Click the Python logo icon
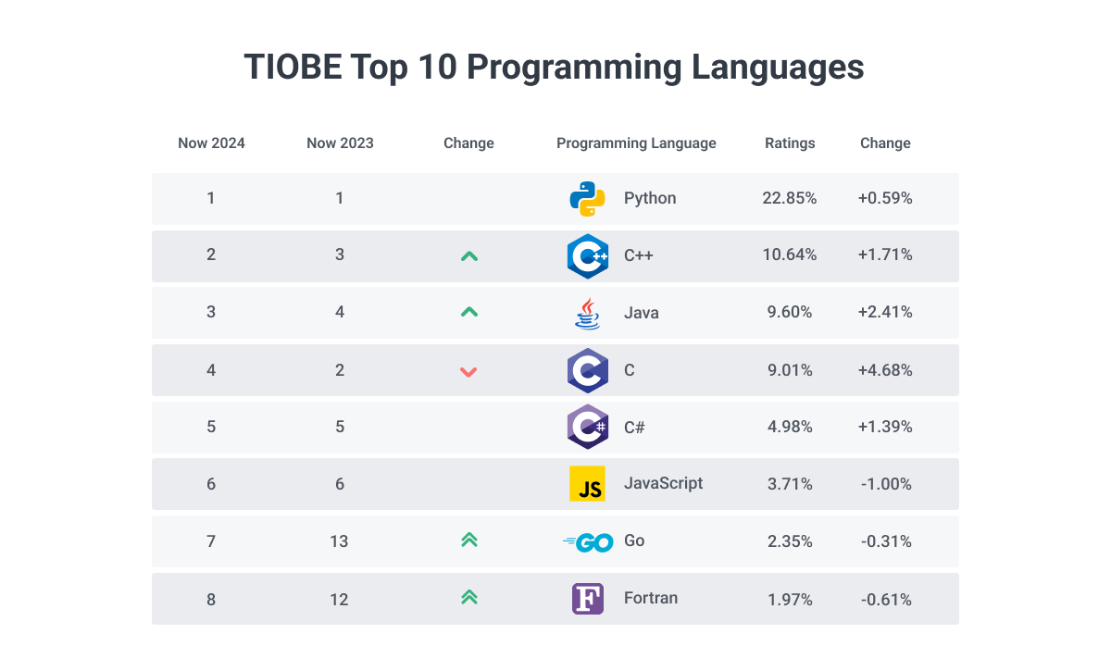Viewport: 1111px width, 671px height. click(x=587, y=198)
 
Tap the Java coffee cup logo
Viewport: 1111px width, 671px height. click(x=587, y=313)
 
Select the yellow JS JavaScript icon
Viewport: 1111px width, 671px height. click(x=587, y=484)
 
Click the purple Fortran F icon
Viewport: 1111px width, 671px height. click(x=587, y=599)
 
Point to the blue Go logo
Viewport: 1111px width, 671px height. click(x=588, y=542)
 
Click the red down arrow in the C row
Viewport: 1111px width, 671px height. click(x=468, y=371)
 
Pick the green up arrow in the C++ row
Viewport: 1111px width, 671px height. click(x=468, y=255)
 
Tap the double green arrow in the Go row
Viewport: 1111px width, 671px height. click(x=468, y=541)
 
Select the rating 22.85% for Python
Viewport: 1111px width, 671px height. click(x=790, y=198)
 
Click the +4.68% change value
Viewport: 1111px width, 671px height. click(x=885, y=370)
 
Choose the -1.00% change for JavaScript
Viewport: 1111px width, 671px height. click(x=886, y=484)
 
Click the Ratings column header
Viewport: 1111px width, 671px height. click(x=790, y=143)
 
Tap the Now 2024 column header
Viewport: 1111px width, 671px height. click(x=211, y=143)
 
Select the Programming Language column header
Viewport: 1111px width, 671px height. click(x=636, y=143)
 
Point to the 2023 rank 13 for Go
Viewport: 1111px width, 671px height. click(x=339, y=541)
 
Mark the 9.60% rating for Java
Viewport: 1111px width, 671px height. click(x=790, y=313)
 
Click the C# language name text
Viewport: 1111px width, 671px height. click(x=634, y=428)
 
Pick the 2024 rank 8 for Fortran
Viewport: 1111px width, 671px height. click(x=211, y=599)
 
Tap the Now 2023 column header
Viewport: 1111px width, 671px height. click(x=340, y=143)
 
